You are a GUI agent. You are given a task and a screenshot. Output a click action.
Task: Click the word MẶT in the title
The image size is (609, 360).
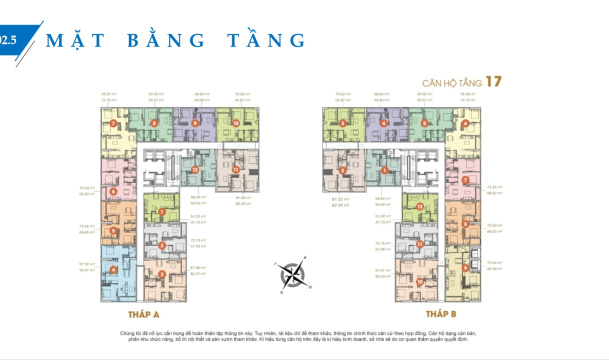pos(80,41)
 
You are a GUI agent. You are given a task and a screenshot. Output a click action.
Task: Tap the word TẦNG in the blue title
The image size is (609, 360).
pos(257,41)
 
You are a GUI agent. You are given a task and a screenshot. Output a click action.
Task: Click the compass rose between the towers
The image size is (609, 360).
pos(293,273)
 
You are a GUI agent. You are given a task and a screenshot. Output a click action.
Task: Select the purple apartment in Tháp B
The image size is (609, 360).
pos(379,124)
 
